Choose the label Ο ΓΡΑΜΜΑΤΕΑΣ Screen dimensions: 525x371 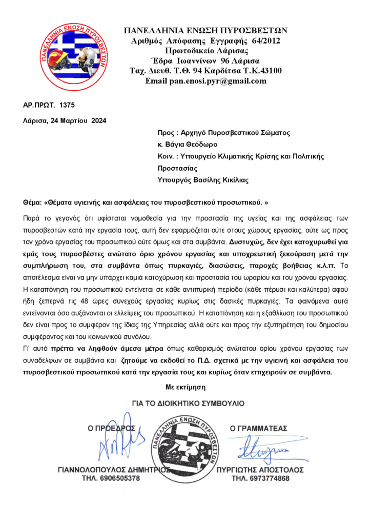258,428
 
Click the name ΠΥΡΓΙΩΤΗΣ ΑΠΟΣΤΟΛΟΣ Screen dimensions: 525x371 267,470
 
